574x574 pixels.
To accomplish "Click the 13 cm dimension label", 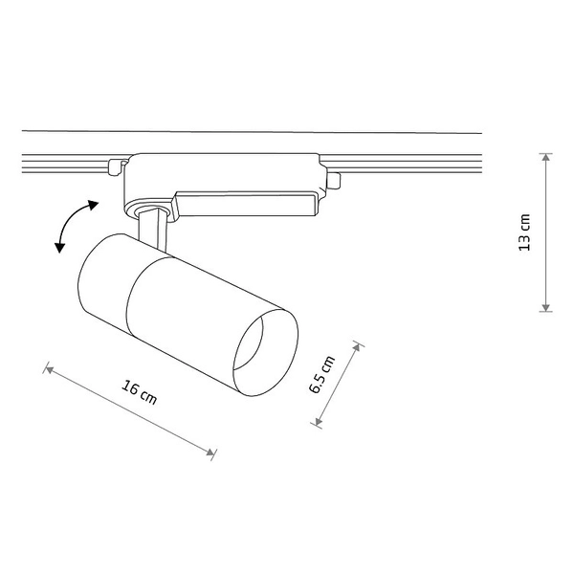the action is pyautogui.click(x=525, y=232).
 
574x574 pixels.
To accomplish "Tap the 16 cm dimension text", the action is pyautogui.click(x=139, y=393).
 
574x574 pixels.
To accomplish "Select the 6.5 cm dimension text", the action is pyautogui.click(x=321, y=374).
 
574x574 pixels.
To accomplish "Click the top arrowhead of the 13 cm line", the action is pyautogui.click(x=546, y=157).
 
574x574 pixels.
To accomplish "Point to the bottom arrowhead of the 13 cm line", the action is pyautogui.click(x=546, y=308).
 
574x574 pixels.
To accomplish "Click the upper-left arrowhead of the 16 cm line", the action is pyautogui.click(x=49, y=369).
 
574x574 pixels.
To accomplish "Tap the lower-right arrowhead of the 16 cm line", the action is pyautogui.click(x=210, y=453).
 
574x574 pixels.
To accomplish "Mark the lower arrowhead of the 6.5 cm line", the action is pyautogui.click(x=319, y=422).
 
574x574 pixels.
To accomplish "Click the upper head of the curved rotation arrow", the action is pyautogui.click(x=94, y=205).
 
